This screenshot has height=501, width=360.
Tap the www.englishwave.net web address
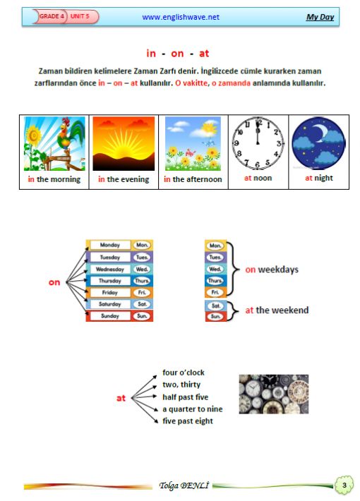point(181,17)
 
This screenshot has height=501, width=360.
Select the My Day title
point(320,17)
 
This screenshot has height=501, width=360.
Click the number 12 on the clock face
point(258,122)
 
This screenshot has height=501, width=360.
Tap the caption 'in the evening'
point(124,179)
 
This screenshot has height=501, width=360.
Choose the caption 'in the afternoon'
point(193,179)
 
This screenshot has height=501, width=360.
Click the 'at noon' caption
point(258,178)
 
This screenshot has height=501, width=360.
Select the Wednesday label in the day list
point(110,269)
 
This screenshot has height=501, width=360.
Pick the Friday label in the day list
point(110,292)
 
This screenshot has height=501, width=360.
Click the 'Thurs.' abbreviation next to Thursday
point(142,281)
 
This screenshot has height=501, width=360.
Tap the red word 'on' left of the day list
point(54,282)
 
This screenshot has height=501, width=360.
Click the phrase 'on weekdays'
point(272,270)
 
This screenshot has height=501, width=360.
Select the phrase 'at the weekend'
point(277,310)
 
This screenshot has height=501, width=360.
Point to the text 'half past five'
point(185,397)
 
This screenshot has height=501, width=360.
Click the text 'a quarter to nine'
point(193,409)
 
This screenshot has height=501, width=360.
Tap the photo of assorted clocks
point(274,394)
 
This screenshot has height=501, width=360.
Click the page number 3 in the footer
point(344,485)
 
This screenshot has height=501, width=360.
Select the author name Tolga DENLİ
point(184,485)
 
